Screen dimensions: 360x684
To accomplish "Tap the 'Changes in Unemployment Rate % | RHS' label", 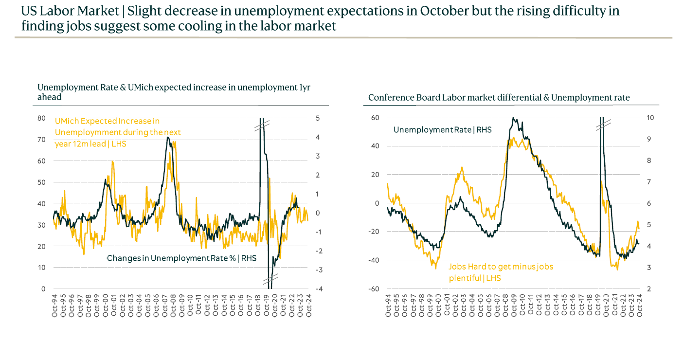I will pyautogui.click(x=181, y=258).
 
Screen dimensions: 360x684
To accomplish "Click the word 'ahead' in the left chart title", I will pyautogui.click(x=49, y=97).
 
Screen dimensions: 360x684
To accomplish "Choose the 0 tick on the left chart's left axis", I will pyautogui.click(x=43, y=289).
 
